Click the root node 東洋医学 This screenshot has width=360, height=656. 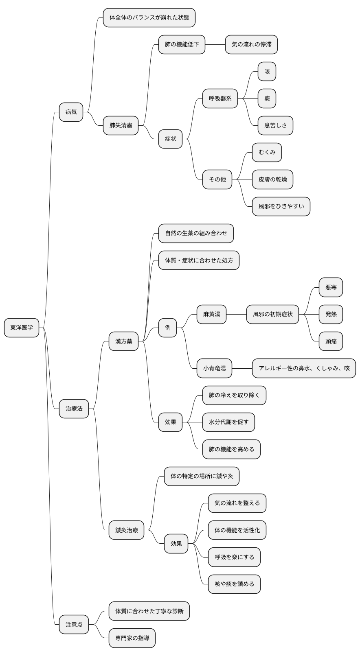point(22,328)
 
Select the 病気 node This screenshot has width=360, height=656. point(71,112)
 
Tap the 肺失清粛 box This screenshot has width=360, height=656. point(121,125)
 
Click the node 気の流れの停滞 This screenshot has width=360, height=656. point(251,44)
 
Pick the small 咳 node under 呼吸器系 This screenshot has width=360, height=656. point(267,72)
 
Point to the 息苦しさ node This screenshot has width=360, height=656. point(275,125)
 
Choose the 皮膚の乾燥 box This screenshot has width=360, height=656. point(272,179)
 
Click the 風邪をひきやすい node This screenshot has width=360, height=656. point(281,206)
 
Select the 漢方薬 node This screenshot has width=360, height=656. point(123,341)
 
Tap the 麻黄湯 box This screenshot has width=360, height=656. point(211,314)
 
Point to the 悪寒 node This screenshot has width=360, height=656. point(331,287)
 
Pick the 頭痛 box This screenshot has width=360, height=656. point(331,341)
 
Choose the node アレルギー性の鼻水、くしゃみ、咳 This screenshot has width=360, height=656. point(304,368)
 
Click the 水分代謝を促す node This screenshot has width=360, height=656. point(228,422)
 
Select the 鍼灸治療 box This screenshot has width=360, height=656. point(126,530)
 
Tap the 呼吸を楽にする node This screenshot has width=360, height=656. point(234,557)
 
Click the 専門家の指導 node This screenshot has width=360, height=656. point(132,638)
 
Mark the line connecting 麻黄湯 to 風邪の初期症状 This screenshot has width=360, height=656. point(236,314)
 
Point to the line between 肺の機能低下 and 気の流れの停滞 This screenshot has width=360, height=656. point(215,44)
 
